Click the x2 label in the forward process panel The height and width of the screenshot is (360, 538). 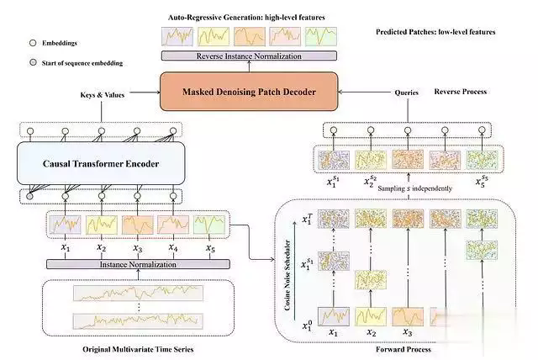(369, 334)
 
